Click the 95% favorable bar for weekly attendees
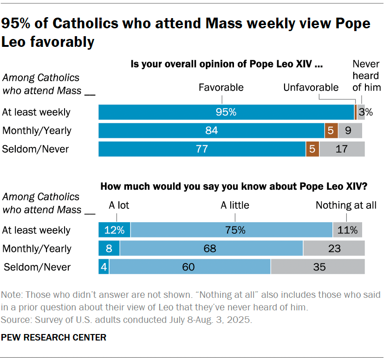coord(226,112)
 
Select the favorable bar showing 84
coord(211,131)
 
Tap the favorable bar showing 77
coord(202,149)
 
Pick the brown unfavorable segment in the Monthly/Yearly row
coord(331,131)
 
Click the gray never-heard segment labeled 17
coord(342,149)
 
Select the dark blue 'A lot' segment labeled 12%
coord(114,230)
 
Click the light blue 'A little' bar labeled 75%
coord(231,230)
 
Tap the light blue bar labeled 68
coord(211,249)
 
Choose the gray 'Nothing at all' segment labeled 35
coord(318,267)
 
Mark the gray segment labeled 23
coord(334,249)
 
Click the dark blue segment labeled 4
coord(104,267)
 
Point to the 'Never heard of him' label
coord(366,76)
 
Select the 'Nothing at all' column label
coord(346,205)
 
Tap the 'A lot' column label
coord(119,205)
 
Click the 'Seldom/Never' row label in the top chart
coord(36,149)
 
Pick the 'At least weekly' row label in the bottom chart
coord(36,230)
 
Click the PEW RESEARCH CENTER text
coord(54,337)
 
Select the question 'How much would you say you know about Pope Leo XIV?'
coord(234,187)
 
